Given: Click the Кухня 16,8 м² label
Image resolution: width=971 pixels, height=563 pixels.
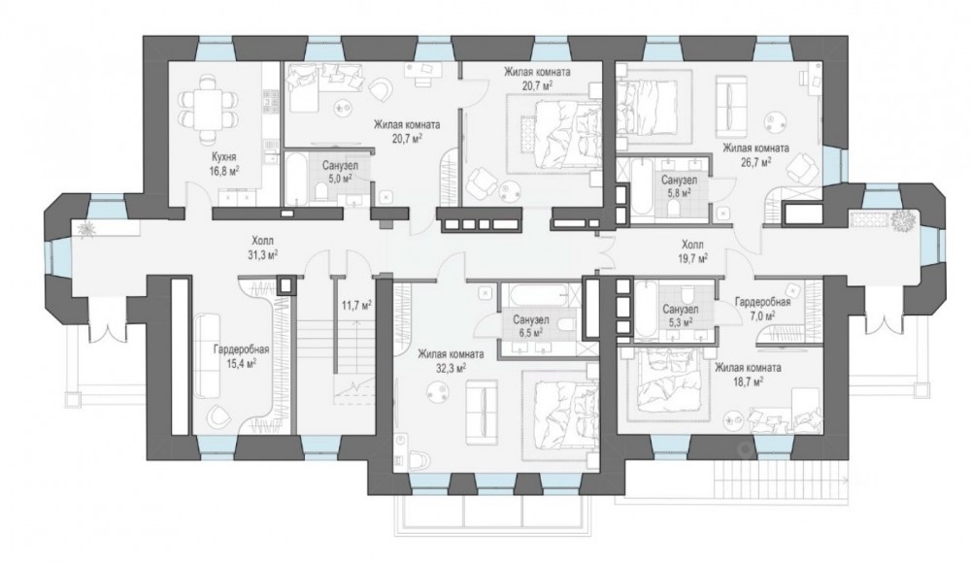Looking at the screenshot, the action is (225, 163).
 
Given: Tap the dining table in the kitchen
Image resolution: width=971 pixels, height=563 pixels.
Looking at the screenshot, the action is (208, 109).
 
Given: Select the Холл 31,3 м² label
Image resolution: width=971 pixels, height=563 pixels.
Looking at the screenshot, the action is (262, 248).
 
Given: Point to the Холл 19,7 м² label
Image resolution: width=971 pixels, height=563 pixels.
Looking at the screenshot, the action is (694, 250).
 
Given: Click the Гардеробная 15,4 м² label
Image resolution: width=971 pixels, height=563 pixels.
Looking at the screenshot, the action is (241, 356).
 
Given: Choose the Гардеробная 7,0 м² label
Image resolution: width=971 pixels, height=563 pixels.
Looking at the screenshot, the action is (762, 309).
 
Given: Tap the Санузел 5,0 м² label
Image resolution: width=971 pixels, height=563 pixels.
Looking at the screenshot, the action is (339, 172).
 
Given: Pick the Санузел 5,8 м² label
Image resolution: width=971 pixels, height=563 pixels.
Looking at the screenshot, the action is (679, 185).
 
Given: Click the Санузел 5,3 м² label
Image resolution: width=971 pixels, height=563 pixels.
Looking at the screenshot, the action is (680, 315).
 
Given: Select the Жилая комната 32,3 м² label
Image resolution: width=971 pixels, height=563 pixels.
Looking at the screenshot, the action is (451, 361).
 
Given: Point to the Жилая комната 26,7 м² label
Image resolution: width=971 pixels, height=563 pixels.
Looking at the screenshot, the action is (756, 155).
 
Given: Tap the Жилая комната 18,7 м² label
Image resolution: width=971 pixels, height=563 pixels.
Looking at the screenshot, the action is (748, 374).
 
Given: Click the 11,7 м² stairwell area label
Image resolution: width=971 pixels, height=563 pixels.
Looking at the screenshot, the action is (356, 305).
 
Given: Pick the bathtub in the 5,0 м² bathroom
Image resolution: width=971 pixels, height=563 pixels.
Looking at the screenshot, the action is (295, 179).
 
